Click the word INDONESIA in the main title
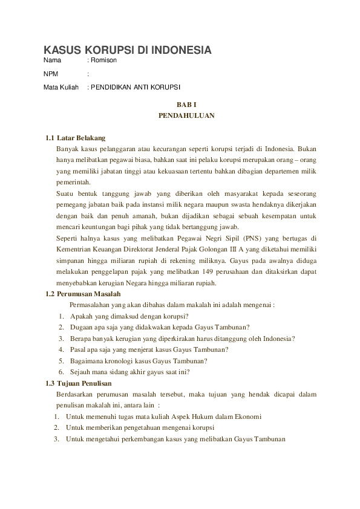pos(180,50)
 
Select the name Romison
pos(103,60)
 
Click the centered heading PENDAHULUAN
pos(186,115)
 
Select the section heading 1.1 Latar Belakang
pos(76,138)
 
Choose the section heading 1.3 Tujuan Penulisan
pos(79,383)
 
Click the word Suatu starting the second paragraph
pos(65,193)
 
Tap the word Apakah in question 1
pos(82,316)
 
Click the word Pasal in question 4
pos(79,349)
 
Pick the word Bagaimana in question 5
pos(87,361)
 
